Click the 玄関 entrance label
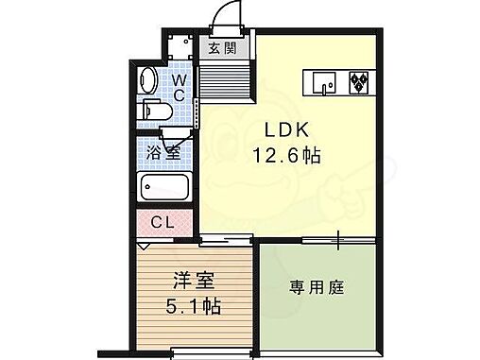215,48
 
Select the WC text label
178,87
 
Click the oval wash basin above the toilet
150,78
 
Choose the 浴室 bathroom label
163,151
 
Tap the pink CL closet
163,224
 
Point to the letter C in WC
179,95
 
